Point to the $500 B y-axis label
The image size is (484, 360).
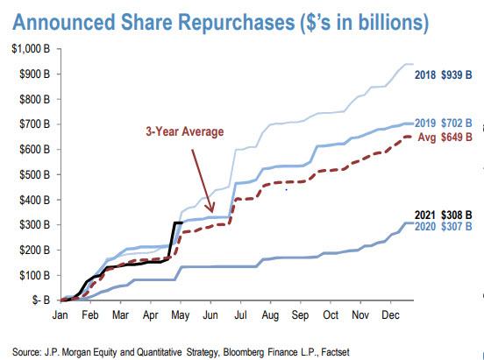[32, 175]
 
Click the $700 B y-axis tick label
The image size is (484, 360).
[32, 125]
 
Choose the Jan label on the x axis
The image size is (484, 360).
[61, 314]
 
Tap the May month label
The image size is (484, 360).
[179, 314]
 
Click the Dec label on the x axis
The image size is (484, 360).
[389, 314]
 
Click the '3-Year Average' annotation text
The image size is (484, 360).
[185, 131]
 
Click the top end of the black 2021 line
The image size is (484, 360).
[181, 222]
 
